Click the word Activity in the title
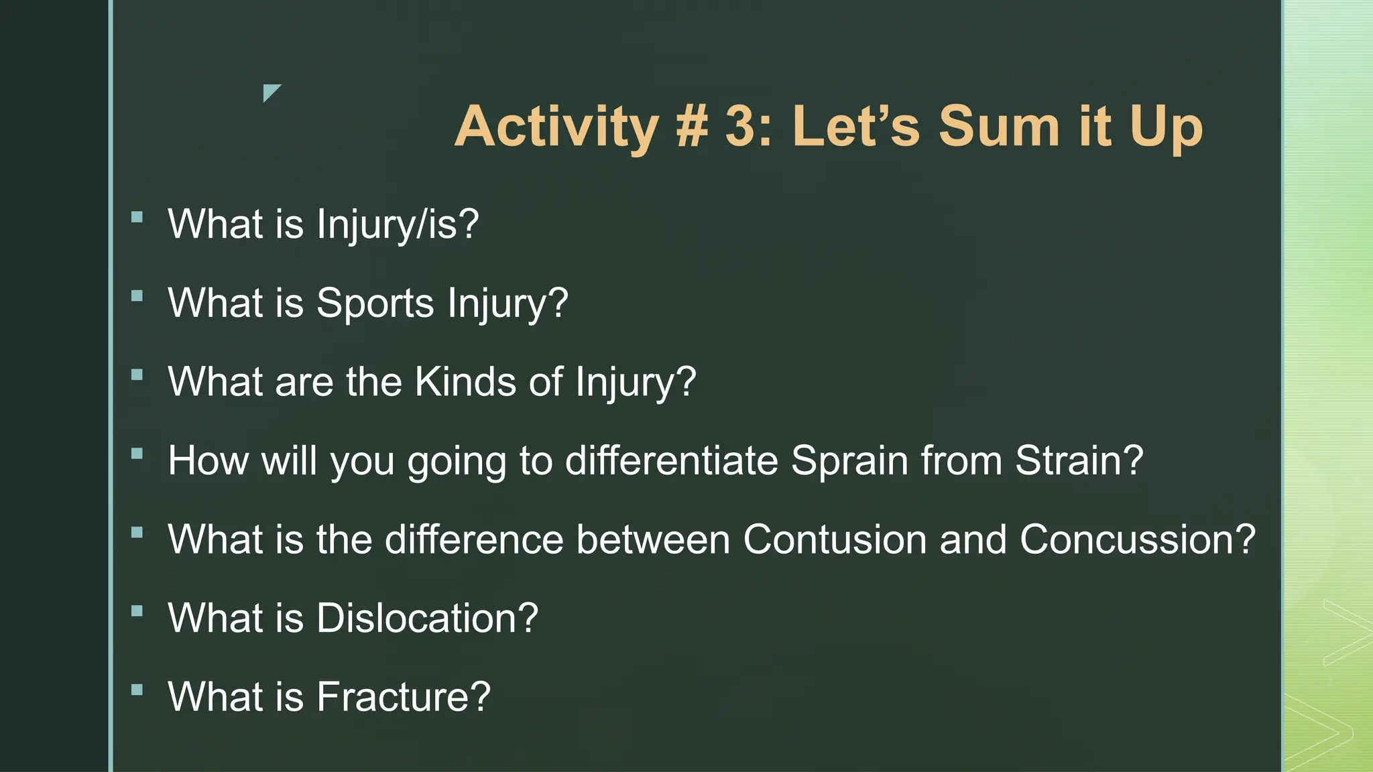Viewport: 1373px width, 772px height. (556, 127)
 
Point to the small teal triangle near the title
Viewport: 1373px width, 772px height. (270, 91)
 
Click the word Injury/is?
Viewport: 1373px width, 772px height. (398, 224)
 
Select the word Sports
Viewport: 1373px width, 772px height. (375, 304)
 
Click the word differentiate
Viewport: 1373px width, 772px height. (671, 461)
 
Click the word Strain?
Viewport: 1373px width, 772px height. (1079, 461)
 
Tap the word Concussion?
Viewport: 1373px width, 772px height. (1137, 539)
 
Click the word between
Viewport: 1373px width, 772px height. (652, 539)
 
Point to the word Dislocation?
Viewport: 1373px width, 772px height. (427, 618)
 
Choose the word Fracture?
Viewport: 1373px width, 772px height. (403, 697)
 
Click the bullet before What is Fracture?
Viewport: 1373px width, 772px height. (137, 690)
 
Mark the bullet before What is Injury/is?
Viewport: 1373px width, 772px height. (137, 216)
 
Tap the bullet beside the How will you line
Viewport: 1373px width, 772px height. (137, 454)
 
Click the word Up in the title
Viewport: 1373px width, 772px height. (1166, 127)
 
